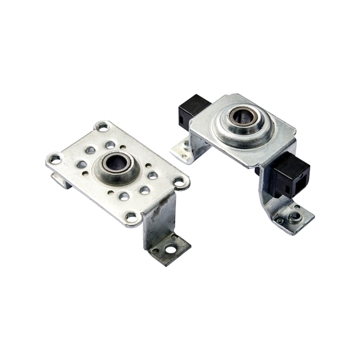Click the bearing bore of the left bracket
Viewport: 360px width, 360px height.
click(x=113, y=162)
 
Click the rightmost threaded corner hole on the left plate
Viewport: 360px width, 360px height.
click(x=177, y=182)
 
